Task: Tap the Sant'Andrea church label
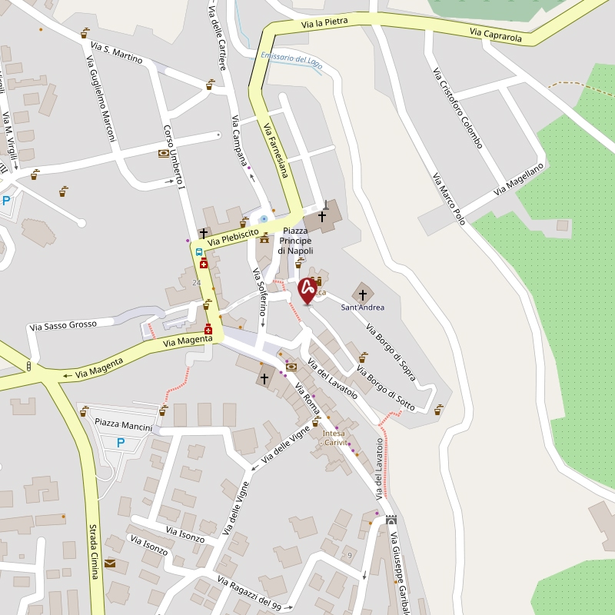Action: [363, 307]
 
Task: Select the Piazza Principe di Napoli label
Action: [295, 241]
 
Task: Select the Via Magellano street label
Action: [519, 178]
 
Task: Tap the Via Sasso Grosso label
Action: [64, 325]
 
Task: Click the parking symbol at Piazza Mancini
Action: [120, 442]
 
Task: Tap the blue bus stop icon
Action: [199, 251]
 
